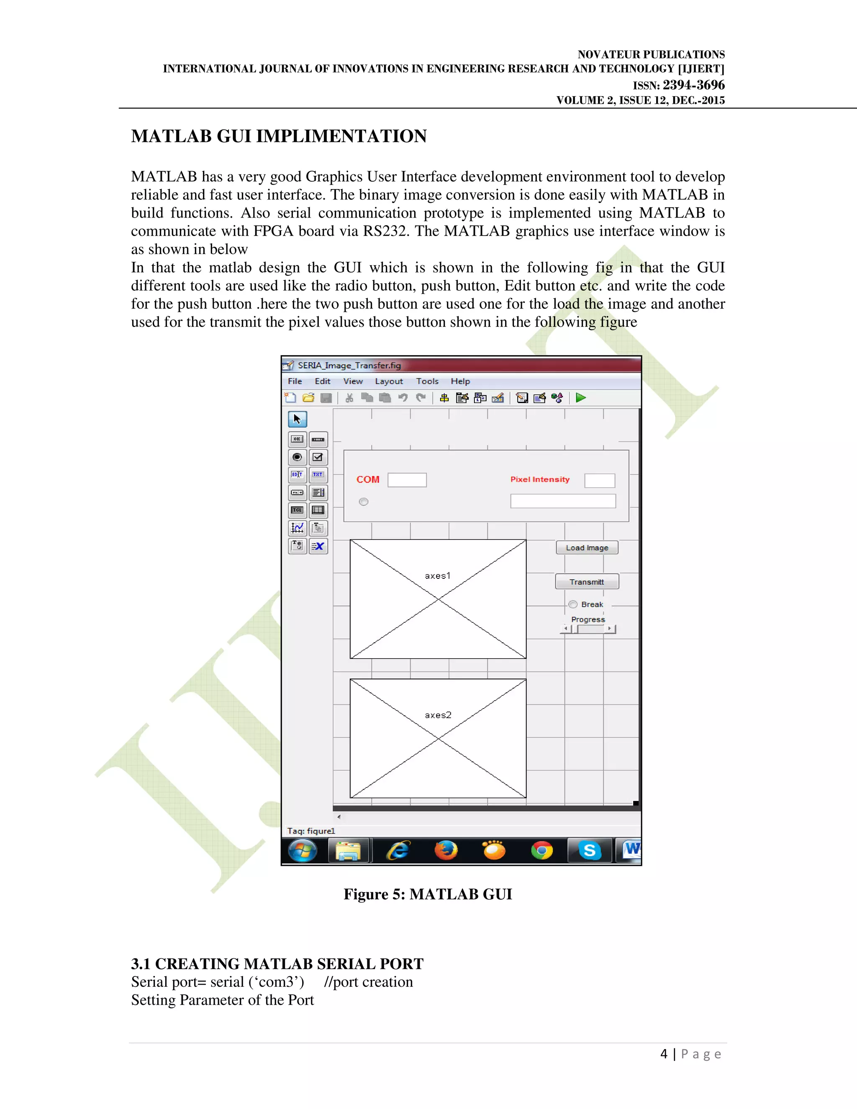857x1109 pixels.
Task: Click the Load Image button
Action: [x=587, y=547]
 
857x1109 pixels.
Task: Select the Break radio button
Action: [x=573, y=604]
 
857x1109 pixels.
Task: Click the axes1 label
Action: [x=438, y=576]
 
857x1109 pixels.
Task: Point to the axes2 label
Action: [x=438, y=715]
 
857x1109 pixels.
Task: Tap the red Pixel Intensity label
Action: [x=540, y=479]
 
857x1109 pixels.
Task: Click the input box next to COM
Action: [x=407, y=480]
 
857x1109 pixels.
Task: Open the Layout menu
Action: [x=388, y=381]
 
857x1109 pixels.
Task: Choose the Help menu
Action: [x=460, y=381]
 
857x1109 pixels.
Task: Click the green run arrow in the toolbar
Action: [x=581, y=398]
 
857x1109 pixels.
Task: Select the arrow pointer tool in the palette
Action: [x=298, y=419]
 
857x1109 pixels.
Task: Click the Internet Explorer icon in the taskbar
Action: [x=398, y=850]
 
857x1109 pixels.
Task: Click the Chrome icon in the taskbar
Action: [x=542, y=850]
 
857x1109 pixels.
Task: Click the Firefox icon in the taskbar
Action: [x=446, y=850]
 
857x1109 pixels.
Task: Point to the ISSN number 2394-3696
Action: [x=693, y=85]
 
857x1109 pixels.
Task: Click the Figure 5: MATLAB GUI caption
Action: [x=428, y=894]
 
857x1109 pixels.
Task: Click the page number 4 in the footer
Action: [x=664, y=1054]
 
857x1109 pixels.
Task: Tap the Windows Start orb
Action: [x=303, y=850]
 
